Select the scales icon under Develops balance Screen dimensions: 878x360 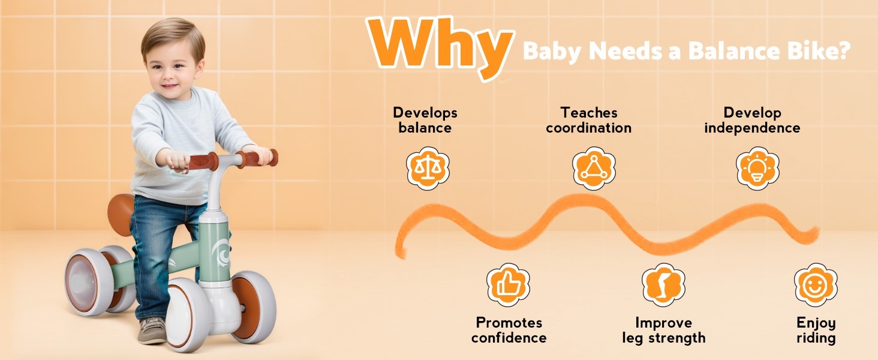pos(428,168)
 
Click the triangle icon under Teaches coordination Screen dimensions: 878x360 pos(594,168)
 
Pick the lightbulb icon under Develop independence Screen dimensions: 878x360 pos(757,168)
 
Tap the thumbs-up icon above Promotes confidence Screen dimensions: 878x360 pos(508,285)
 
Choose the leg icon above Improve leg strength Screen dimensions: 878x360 pos(663,285)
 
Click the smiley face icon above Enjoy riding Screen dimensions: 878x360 pos(816,285)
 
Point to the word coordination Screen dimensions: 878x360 pos(589,128)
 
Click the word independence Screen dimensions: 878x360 pos(752,128)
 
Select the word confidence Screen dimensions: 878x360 pos(509,338)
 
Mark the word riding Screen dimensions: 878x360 pos(816,338)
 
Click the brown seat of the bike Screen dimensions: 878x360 pos(121,214)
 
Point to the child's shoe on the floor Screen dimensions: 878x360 pos(152,330)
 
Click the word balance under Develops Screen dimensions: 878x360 pos(425,128)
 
